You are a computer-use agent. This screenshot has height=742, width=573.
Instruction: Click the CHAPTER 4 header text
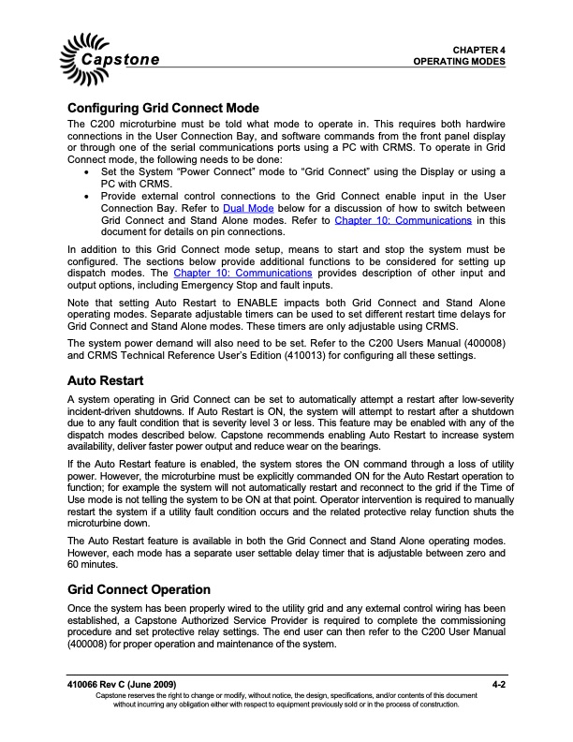[478, 48]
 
